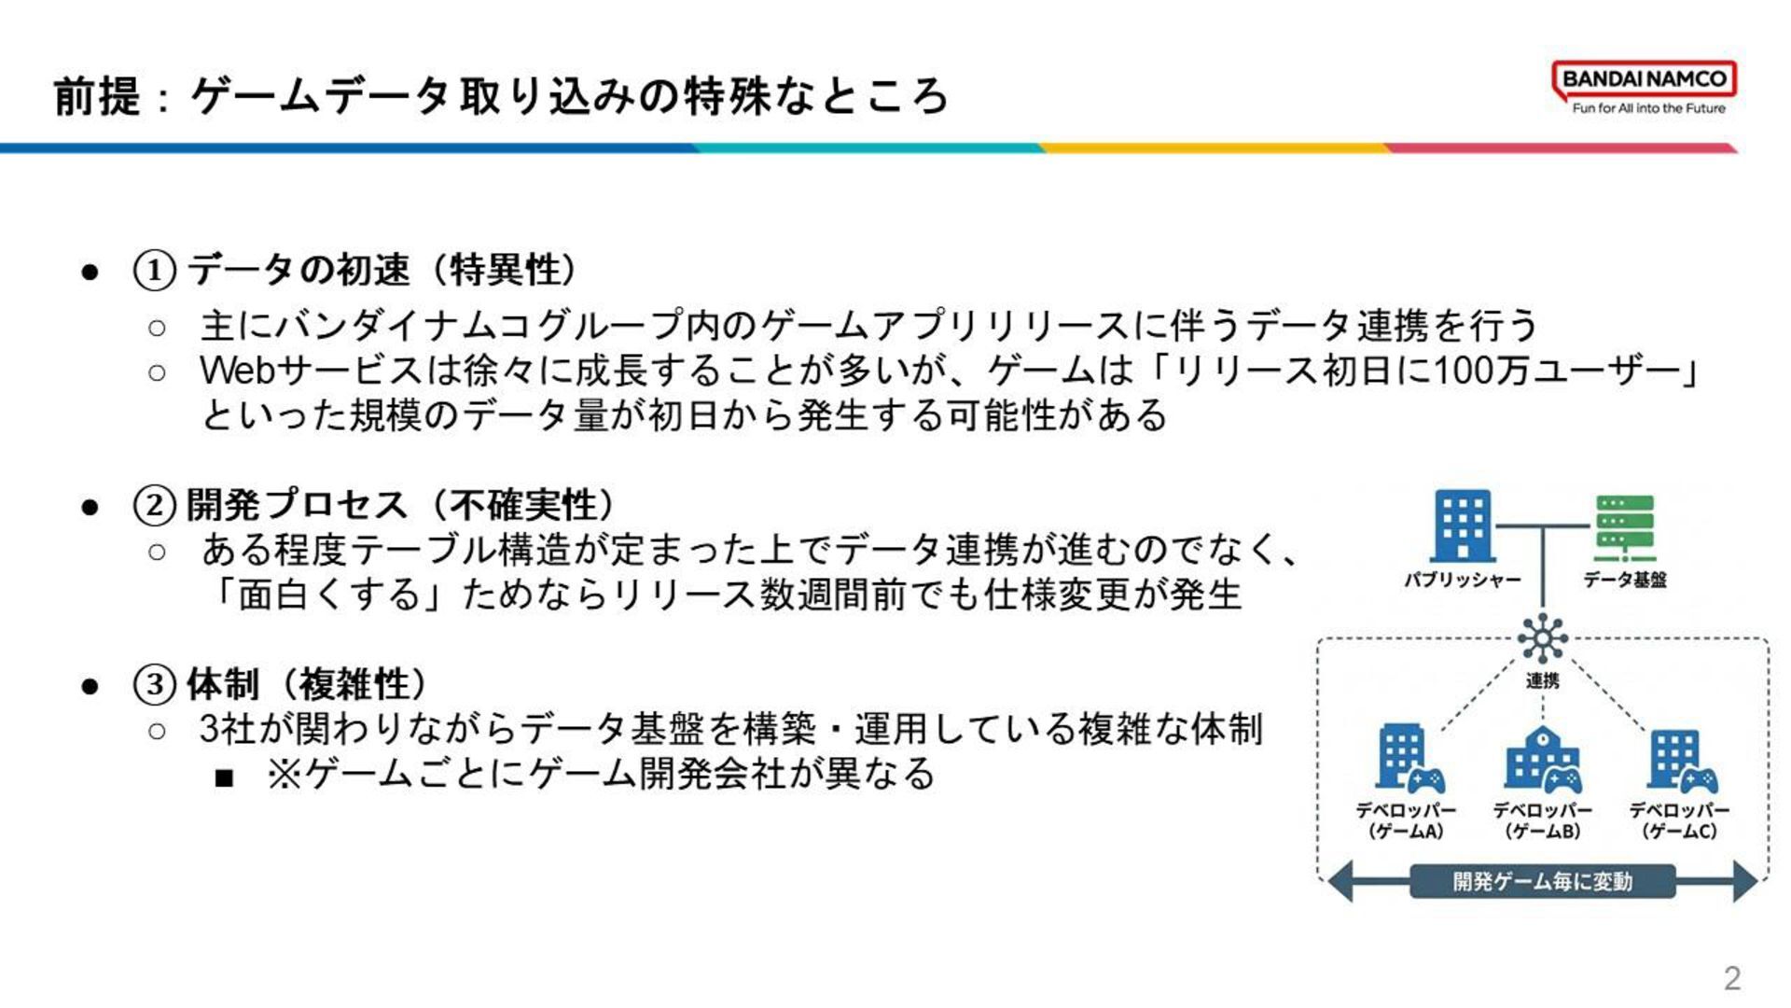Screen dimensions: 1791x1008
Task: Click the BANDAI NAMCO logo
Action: (1644, 79)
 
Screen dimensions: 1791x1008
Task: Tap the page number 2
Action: (1732, 978)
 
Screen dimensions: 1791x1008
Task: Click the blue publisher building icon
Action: (1462, 525)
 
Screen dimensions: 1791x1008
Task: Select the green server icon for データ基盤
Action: (1624, 527)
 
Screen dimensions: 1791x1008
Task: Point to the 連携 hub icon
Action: (1543, 639)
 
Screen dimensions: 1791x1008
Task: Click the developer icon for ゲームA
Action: (1409, 758)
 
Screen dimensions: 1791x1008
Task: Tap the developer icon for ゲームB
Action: (1543, 758)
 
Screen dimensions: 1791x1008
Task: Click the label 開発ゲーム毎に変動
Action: (1543, 881)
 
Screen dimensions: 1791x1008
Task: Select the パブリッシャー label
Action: (1462, 581)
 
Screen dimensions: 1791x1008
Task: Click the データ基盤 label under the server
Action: (1624, 580)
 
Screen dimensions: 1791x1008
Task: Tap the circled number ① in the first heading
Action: (154, 271)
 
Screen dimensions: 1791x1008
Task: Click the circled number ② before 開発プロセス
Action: (154, 506)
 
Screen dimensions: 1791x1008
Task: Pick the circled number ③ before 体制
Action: (154, 685)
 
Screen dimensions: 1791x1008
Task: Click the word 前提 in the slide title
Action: (97, 96)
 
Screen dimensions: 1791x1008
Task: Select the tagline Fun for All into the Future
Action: (1648, 108)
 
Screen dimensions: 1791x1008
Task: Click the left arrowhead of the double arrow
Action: (1340, 881)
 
